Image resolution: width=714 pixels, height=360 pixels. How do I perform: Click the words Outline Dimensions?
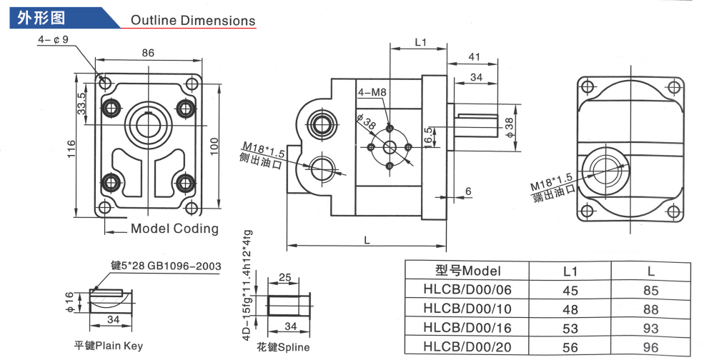point(192,20)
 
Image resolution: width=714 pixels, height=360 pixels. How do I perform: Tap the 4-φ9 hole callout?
point(53,40)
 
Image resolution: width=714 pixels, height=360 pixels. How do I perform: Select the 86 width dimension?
point(148,53)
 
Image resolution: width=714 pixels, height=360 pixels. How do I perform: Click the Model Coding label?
point(174,229)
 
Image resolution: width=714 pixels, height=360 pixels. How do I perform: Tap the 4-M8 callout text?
point(372,91)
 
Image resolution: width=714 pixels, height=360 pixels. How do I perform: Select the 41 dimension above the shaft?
point(473,56)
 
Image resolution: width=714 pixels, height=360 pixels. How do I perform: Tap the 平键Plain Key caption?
point(109,346)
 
